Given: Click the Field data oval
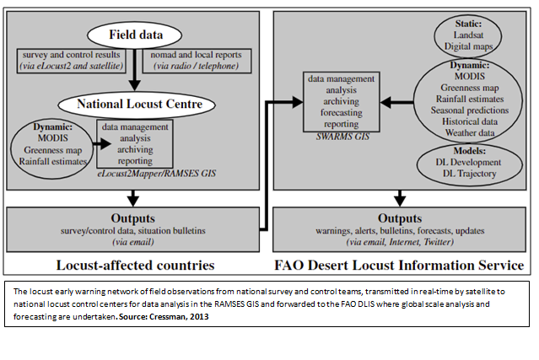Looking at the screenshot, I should tap(134, 35).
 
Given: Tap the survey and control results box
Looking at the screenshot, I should tap(70, 60).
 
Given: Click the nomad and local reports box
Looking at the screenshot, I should tap(196, 60).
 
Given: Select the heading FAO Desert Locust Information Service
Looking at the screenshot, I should tap(398, 266).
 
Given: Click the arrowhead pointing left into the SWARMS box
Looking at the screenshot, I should tap(381, 100).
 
